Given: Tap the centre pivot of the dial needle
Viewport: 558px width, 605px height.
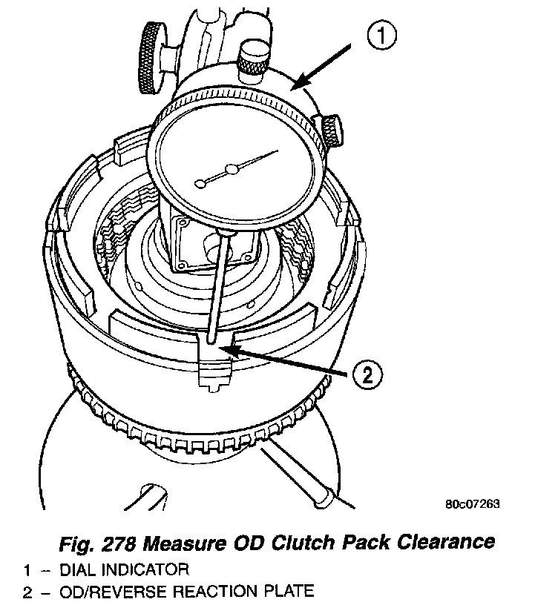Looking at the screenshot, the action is pos(232,171).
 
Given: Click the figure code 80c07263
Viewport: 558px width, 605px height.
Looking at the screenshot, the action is pos(473,505).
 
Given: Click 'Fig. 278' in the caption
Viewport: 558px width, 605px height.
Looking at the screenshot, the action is pos(96,543).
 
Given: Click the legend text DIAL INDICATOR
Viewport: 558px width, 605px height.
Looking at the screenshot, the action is pos(125,570).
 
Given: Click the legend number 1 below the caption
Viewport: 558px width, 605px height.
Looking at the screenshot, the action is pos(27,570).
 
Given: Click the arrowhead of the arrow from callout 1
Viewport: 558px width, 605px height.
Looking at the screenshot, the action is pos(292,87).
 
